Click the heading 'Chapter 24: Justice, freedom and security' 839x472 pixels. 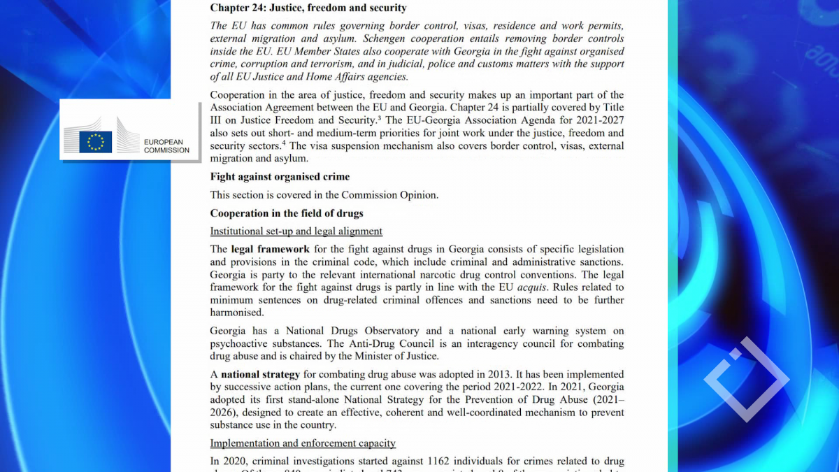308,8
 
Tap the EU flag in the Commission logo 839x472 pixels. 95,142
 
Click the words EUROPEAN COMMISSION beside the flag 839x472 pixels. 166,145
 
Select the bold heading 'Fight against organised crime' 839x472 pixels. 280,177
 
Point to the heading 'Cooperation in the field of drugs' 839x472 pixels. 287,213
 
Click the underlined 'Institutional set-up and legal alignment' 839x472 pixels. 296,231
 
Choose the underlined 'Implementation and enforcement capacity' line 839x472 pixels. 303,443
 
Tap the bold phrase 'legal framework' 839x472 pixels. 270,250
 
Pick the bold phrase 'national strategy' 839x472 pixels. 260,375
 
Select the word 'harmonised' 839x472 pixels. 237,313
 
